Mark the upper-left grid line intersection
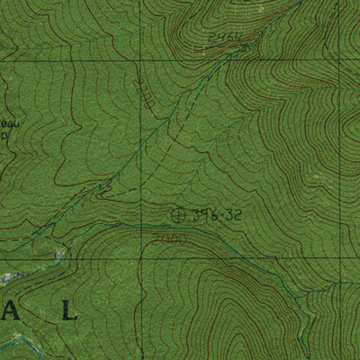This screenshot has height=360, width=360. [x=139, y=60]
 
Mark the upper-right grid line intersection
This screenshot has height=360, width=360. [x=339, y=60]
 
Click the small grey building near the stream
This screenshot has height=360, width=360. [x=59, y=255]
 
